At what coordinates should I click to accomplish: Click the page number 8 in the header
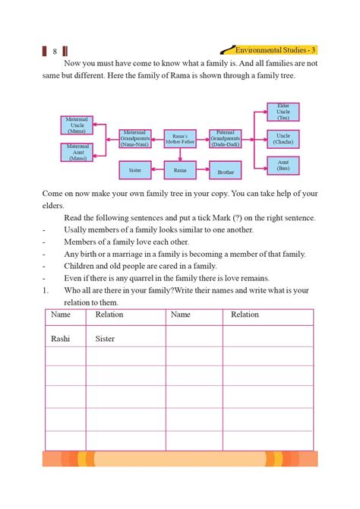pyautogui.click(x=55, y=52)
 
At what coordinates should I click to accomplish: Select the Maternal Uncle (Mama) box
pyautogui.click(x=76, y=125)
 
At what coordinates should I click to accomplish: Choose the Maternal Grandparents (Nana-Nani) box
pyautogui.click(x=140, y=138)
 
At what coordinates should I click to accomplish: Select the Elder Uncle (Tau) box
pyautogui.click(x=283, y=112)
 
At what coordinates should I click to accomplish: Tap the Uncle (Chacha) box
pyautogui.click(x=283, y=138)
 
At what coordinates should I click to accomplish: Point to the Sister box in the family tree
pyautogui.click(x=135, y=171)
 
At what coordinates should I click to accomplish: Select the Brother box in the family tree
pyautogui.click(x=226, y=172)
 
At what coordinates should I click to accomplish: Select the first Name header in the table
pyautogui.click(x=61, y=315)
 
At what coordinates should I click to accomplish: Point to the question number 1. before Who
pyautogui.click(x=46, y=290)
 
